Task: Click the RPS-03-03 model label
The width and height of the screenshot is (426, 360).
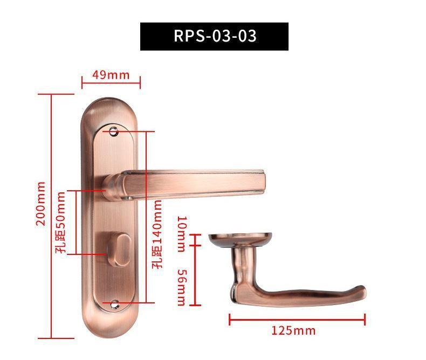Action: [x=215, y=36]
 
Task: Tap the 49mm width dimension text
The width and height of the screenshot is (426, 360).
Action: [x=111, y=75]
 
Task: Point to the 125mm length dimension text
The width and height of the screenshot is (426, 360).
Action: [x=294, y=330]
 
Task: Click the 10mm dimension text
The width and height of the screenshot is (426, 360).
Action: [x=182, y=234]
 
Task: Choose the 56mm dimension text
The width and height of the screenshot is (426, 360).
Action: [x=182, y=287]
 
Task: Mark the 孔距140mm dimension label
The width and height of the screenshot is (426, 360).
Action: [x=157, y=234]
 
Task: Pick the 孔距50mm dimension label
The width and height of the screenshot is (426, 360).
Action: [x=60, y=223]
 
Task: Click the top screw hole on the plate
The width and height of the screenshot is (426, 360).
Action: [x=114, y=131]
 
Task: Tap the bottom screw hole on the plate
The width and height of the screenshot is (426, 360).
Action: [x=115, y=304]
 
